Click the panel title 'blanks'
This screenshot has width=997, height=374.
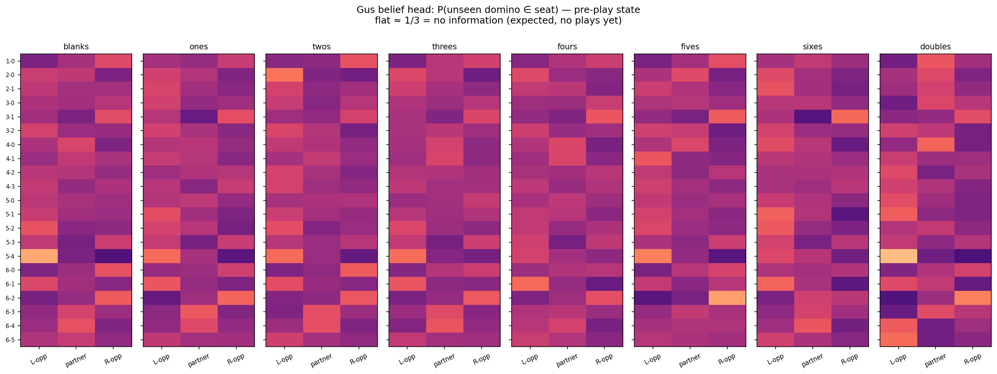[x=76, y=47]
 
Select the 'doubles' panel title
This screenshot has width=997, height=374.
[x=935, y=47]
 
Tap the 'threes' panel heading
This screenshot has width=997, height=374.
[x=444, y=47]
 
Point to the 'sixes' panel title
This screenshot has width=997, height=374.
[x=812, y=47]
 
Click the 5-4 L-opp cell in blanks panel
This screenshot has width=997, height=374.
[x=39, y=256]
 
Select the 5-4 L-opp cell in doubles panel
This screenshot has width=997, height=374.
[x=898, y=256]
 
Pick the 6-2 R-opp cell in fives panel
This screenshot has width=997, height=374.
[x=727, y=298]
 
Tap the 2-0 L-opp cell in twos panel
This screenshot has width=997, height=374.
[x=284, y=75]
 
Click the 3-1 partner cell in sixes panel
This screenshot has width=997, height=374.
[x=812, y=117]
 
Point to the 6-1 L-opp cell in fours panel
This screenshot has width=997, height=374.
[x=530, y=284]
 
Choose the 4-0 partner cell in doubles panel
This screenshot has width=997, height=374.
[x=935, y=145]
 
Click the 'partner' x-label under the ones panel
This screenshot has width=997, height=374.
[x=199, y=360]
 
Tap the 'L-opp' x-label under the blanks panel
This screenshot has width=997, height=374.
[x=39, y=359]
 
